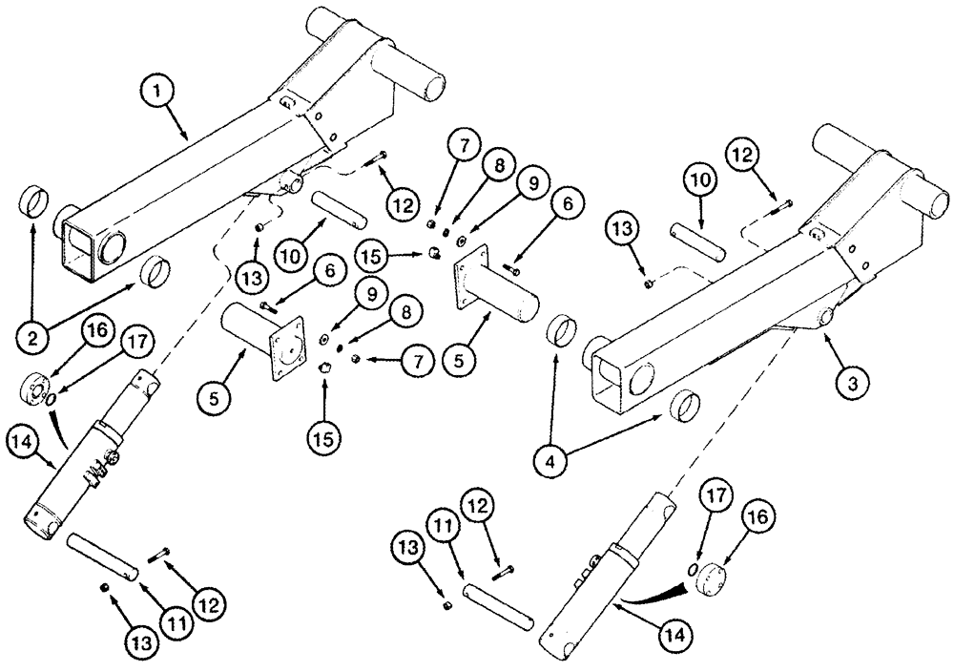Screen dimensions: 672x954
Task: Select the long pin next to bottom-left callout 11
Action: tap(106, 554)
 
